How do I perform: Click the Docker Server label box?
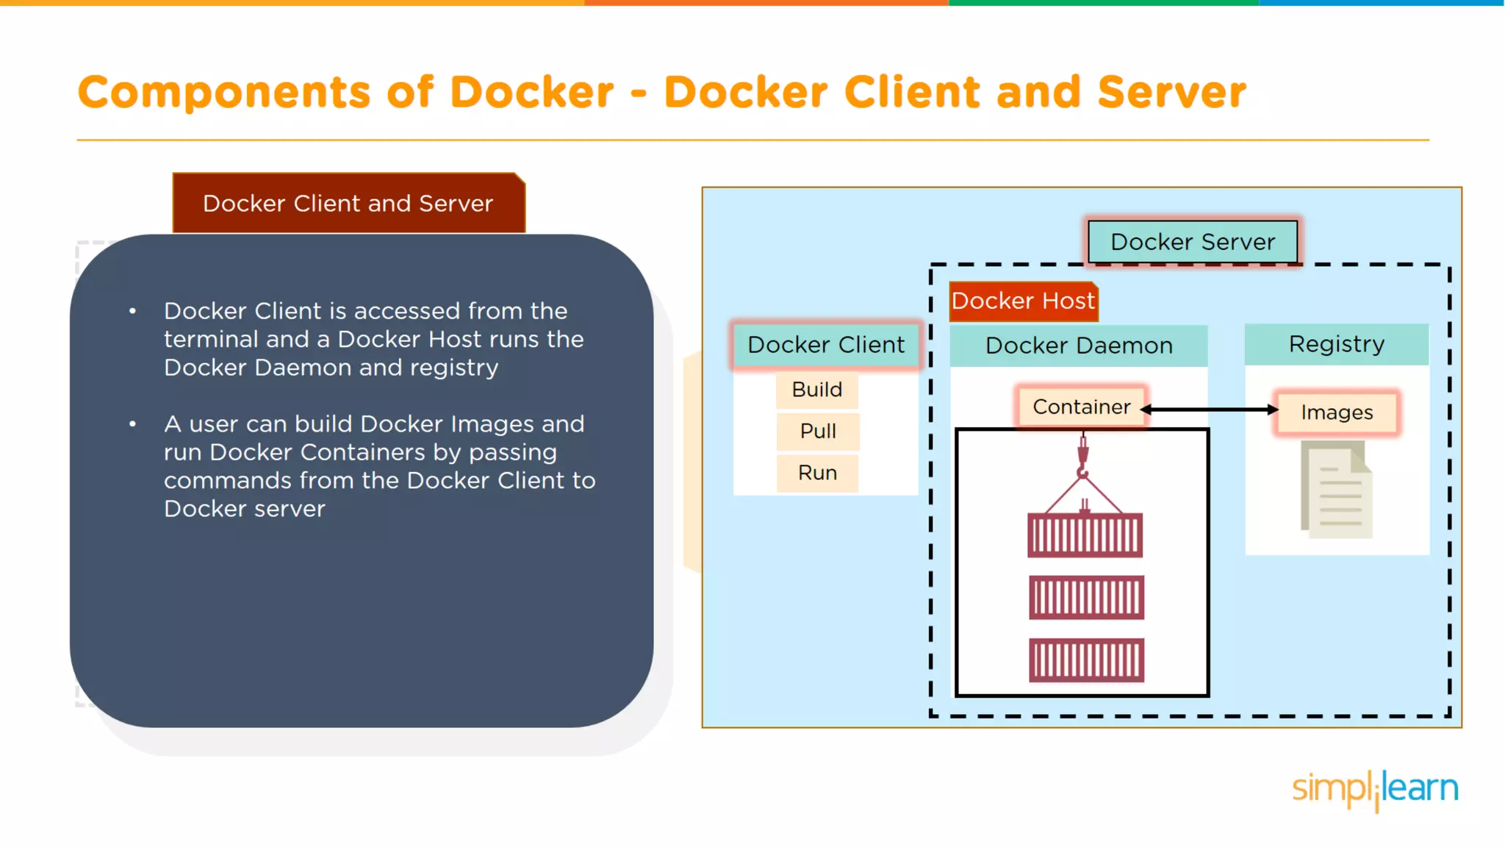(1192, 242)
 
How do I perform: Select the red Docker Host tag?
(1023, 301)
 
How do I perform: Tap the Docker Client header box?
(826, 345)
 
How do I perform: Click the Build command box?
(817, 390)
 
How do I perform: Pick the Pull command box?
(818, 432)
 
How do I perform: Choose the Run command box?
(817, 473)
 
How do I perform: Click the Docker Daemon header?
(1078, 346)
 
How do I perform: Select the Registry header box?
(1336, 344)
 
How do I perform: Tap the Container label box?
(1081, 407)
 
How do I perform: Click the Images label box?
(1337, 412)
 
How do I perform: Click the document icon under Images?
(1337, 490)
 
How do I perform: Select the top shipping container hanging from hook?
(1085, 535)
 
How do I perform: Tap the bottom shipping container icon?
(1085, 660)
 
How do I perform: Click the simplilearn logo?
(1374, 789)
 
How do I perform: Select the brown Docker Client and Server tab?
(348, 204)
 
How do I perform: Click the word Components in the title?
(224, 93)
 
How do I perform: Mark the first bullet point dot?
(132, 311)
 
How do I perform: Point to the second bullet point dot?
(132, 424)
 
